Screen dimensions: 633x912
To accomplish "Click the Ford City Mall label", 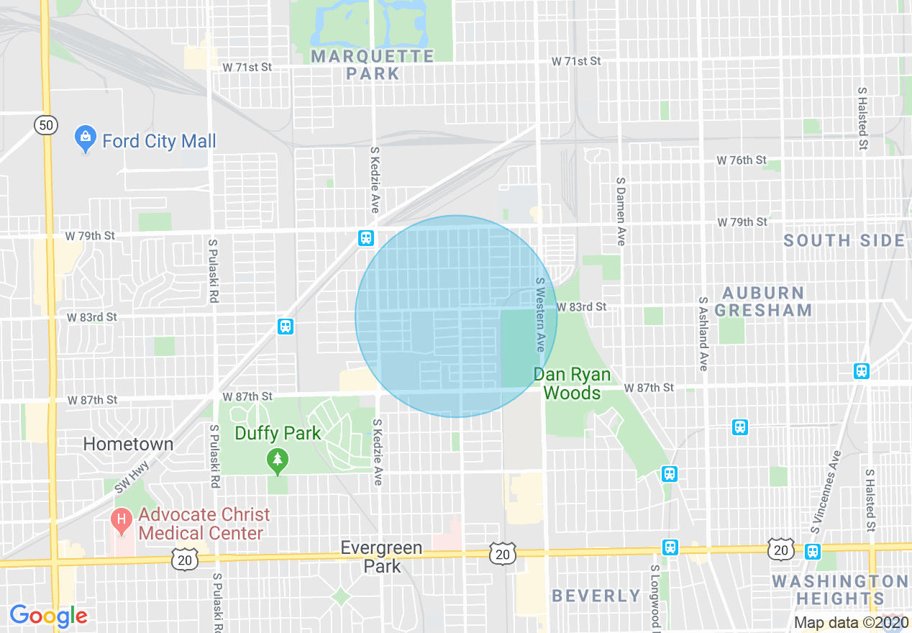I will pos(159,141).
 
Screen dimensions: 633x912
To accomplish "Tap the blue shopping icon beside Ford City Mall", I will pos(86,139).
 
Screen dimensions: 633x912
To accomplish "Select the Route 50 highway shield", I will pos(46,126).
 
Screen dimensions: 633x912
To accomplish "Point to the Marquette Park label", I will pos(373,65).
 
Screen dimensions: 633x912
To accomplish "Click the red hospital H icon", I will pos(122,519).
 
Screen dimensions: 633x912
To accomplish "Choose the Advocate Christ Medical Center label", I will pos(204,524).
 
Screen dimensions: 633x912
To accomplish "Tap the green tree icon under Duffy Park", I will pos(278,461).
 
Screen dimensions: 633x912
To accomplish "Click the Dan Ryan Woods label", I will pos(572,383).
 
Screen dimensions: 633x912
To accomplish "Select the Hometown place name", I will pos(128,444).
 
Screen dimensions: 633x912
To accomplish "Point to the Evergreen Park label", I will pos(381,557).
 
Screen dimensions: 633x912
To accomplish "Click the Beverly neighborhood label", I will pos(596,596).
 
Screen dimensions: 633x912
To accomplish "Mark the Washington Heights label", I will pos(839,590).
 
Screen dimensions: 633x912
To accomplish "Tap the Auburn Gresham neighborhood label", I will pos(767,302).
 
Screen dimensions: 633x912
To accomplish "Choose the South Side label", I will pos(844,240).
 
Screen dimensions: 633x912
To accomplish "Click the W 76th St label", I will pos(741,160).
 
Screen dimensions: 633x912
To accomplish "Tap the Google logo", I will pos(48,616).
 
